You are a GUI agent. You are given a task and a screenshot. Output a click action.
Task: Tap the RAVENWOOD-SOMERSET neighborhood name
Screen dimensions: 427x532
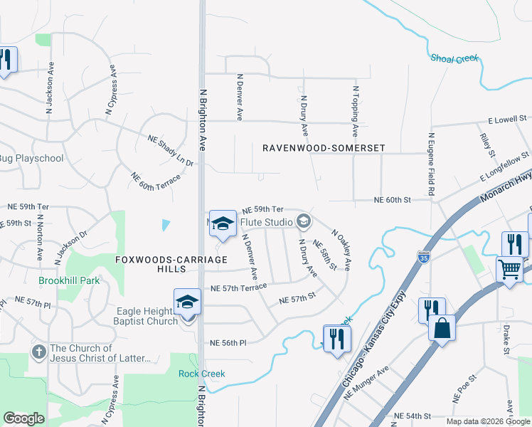point(324,148)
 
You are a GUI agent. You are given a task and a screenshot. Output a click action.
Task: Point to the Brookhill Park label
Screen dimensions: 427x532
point(69,280)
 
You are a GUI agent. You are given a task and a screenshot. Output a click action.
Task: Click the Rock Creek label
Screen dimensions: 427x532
point(201,374)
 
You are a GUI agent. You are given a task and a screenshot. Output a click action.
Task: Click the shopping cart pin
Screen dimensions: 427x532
point(510,270)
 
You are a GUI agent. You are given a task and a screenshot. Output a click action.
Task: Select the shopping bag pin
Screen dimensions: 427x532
point(442,329)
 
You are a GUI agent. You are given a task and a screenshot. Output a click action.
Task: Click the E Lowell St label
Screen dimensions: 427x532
point(507,118)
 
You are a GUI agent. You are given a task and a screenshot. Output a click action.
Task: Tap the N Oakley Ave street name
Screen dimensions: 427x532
point(342,249)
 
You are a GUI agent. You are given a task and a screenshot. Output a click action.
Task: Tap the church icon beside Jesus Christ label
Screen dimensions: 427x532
point(39,351)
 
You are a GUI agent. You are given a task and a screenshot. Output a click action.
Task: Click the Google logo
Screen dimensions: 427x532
point(24,418)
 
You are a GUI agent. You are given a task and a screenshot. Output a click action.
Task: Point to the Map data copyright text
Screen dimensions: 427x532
point(488,421)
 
